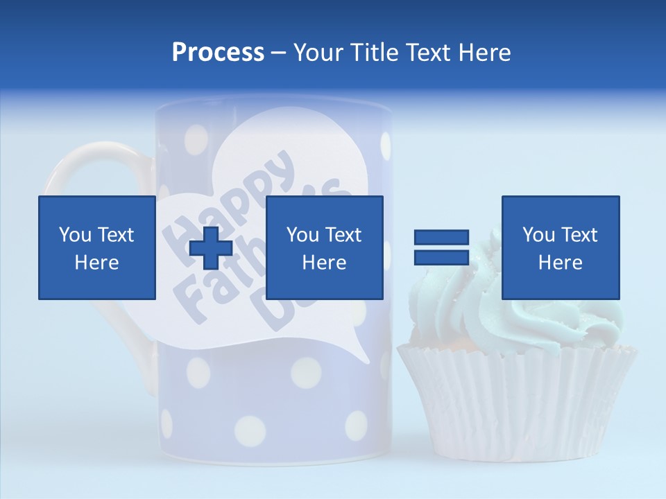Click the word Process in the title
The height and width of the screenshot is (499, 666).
click(218, 53)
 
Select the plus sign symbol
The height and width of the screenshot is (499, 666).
click(211, 247)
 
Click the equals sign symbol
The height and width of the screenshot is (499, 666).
click(441, 247)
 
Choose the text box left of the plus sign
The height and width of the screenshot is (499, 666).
click(96, 247)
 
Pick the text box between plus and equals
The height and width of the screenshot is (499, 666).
click(324, 247)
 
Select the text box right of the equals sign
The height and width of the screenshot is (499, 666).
click(560, 247)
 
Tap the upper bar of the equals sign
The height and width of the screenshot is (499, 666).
click(441, 238)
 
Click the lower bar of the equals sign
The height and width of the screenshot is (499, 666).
click(441, 257)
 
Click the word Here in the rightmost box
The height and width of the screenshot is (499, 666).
click(560, 263)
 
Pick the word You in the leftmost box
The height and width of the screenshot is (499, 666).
click(75, 235)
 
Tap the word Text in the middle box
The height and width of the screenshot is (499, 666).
click(343, 235)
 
